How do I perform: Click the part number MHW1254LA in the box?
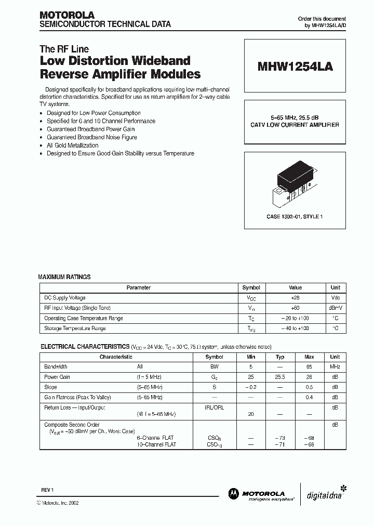coord(295,67)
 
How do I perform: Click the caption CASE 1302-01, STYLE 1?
coord(295,216)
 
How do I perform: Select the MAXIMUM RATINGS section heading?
coord(64,277)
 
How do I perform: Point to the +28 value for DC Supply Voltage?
coord(295,298)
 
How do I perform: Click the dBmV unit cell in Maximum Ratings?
coord(336,308)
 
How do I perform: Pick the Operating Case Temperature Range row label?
coord(84,318)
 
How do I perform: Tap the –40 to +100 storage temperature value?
coord(295,328)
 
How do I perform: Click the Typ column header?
coord(280,357)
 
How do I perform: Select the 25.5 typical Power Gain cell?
coord(280,377)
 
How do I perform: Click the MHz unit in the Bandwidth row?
coord(335,367)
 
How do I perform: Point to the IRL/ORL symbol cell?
coord(215,407)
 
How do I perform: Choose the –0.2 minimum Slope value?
coord(251,387)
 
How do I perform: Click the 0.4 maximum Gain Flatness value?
coord(310,398)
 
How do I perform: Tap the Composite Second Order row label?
coord(72,425)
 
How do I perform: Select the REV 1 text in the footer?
coord(48,490)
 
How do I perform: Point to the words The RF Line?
coord(64,49)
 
